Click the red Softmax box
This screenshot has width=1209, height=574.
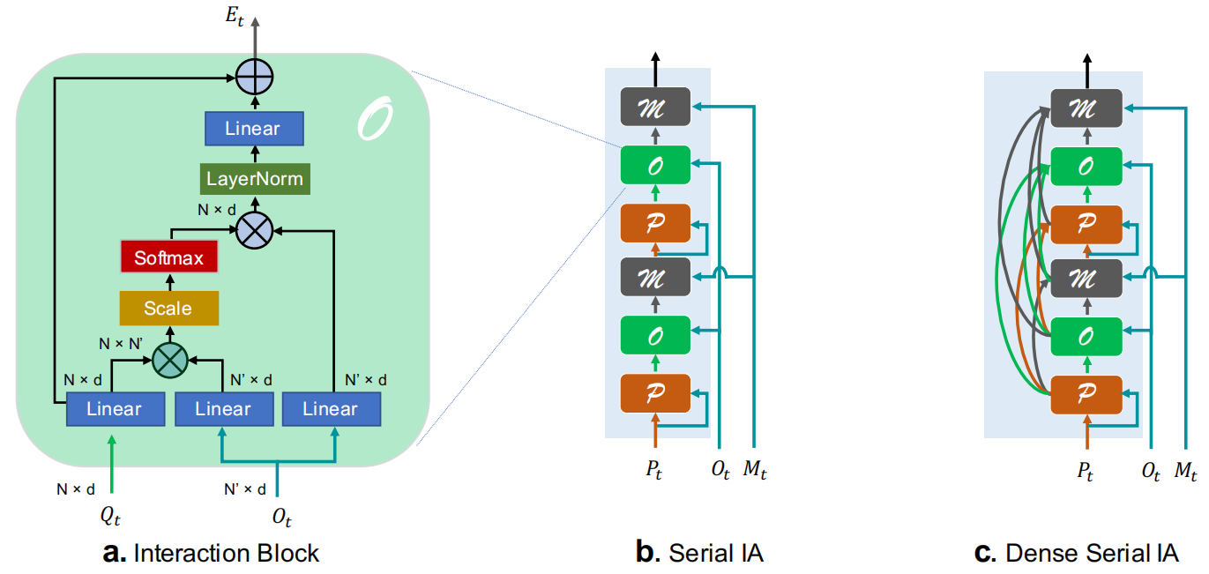[x=168, y=258]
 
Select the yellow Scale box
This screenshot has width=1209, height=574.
[x=168, y=309]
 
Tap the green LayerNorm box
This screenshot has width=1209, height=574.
[x=254, y=179]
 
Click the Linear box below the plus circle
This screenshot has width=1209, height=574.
[x=253, y=129]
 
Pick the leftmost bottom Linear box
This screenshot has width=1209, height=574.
[x=116, y=409]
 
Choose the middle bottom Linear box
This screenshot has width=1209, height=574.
[x=223, y=409]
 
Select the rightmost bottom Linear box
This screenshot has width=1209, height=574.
[x=331, y=409]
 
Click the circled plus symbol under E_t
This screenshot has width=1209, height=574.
[x=255, y=78]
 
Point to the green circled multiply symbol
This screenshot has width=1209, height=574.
[x=170, y=359]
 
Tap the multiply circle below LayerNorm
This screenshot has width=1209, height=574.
[x=255, y=229]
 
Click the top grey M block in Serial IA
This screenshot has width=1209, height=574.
[x=654, y=108]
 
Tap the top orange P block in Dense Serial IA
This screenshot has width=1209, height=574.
[x=1086, y=223]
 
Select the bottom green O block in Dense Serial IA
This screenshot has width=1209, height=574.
[x=1086, y=337]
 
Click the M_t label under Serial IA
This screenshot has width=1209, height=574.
[x=755, y=471]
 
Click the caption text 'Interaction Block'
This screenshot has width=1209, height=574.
[x=226, y=553]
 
